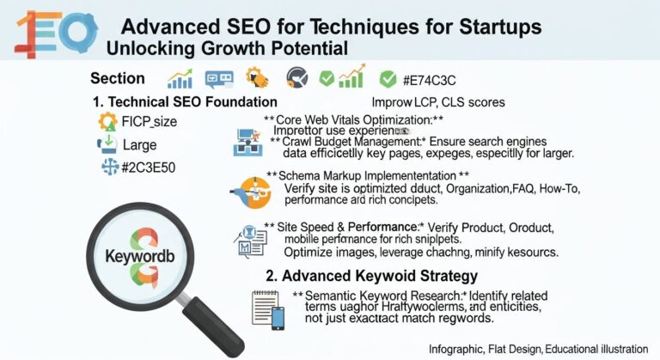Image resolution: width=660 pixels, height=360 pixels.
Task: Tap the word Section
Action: coord(118,78)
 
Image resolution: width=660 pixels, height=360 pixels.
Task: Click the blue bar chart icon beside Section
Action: coord(180,79)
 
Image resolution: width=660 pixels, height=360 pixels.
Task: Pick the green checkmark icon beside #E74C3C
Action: coord(388,79)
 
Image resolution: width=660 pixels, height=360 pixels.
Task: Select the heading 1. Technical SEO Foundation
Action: coord(181,102)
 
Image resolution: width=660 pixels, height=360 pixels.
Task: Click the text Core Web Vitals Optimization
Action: coord(354,119)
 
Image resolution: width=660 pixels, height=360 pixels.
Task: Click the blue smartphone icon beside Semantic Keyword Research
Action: coord(278,318)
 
